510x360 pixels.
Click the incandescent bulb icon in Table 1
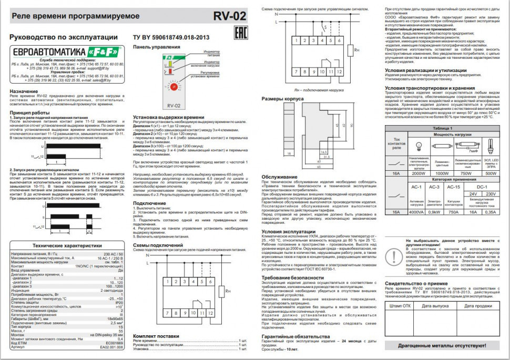point(419,147)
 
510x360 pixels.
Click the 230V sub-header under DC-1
point(491,194)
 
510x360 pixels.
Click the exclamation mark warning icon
point(393,255)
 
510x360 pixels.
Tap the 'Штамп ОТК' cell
point(400,306)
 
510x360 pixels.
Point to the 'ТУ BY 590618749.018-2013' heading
point(171,37)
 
